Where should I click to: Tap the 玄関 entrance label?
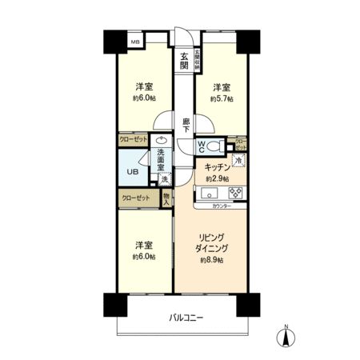(183, 61)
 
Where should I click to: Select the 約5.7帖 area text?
(221, 99)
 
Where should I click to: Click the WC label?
(202, 146)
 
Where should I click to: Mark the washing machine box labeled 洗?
(164, 180)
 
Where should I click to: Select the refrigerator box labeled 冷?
(238, 161)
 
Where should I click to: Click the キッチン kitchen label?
(217, 166)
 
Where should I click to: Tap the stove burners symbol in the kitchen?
(237, 193)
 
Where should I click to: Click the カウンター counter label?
(222, 206)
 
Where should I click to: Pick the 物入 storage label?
(166, 198)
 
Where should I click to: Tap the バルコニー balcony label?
(186, 318)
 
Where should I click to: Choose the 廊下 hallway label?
(186, 125)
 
